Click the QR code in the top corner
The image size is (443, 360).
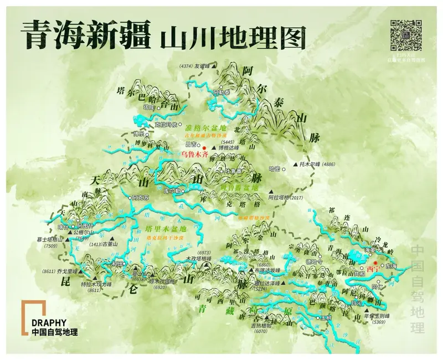coord(408,35)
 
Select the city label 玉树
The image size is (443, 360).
coord(327,319)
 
